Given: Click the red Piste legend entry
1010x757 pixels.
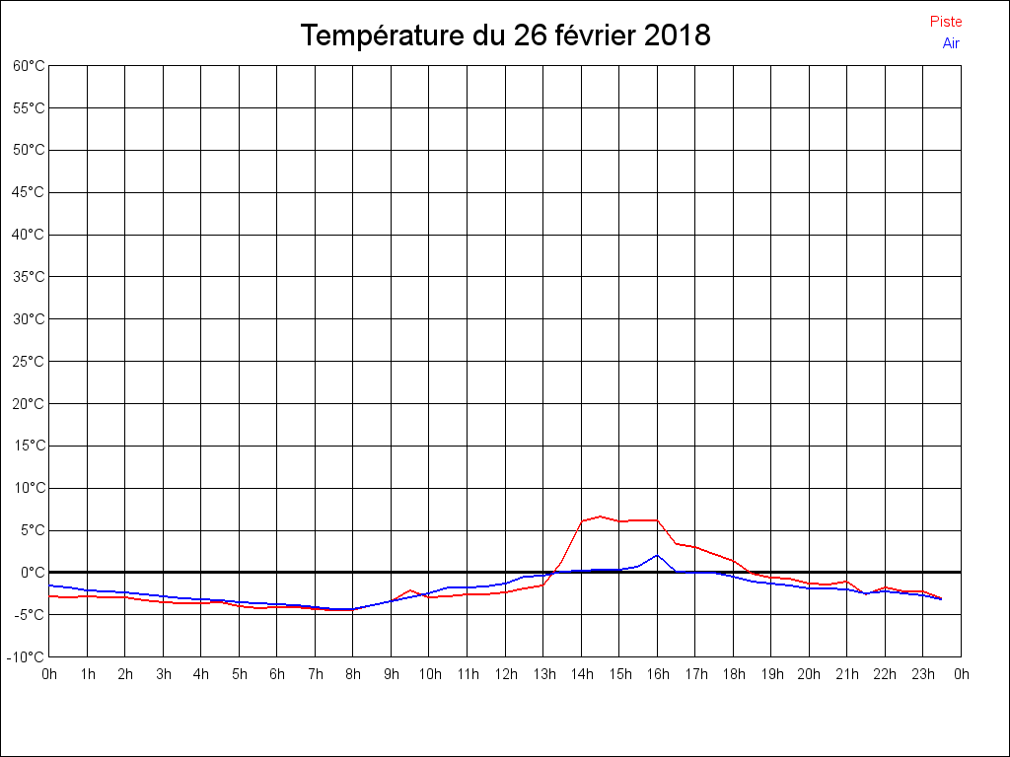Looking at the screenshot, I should coord(945,22).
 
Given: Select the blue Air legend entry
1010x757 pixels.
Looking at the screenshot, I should coord(951,42).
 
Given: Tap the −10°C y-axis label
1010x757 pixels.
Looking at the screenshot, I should coord(27,656).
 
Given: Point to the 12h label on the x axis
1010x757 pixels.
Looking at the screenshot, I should coord(505,674).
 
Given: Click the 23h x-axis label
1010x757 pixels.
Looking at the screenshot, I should coord(923,674).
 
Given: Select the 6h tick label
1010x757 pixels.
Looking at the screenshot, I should coord(277,674).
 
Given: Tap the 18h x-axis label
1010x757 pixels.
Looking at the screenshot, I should coord(733,674).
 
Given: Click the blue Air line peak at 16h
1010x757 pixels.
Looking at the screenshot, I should coord(657,555).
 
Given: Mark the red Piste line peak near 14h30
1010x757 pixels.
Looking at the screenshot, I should coord(600,516).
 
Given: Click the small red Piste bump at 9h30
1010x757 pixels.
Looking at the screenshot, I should coord(410,590).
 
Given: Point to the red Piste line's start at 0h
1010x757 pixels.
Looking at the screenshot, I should coord(50,595).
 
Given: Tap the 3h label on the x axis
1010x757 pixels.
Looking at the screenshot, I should coord(163,674).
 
